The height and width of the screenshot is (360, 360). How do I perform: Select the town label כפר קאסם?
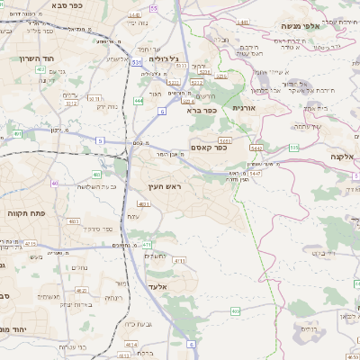pyautogui.click(x=209, y=147)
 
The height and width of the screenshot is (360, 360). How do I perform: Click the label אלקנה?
pyautogui.click(x=344, y=157)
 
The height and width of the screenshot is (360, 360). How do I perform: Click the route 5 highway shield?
pyautogui.click(x=101, y=140)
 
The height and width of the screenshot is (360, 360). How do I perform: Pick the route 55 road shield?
pyautogui.click(x=154, y=8)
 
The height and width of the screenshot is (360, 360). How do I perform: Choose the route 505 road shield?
pyautogui.click(x=293, y=147)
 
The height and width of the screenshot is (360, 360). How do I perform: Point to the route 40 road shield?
pyautogui.click(x=54, y=183)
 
